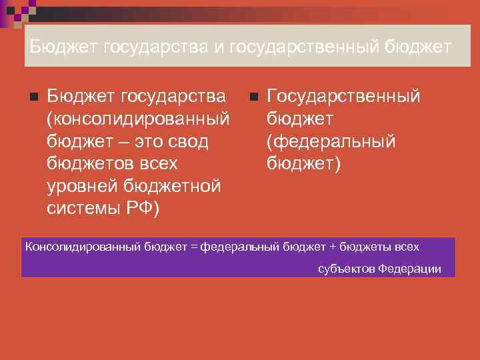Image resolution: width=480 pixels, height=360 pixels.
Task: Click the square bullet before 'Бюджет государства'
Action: [x=33, y=98]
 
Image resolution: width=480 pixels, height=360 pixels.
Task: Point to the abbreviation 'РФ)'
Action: [x=144, y=207]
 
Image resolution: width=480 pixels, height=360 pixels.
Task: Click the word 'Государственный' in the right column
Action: [x=343, y=97]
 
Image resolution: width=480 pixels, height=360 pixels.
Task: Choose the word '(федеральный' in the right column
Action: [x=331, y=141]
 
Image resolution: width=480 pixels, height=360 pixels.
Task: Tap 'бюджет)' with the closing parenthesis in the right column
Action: [x=304, y=163]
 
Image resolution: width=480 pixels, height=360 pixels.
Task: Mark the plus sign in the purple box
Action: [x=333, y=247]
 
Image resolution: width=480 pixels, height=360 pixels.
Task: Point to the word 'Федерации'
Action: [x=409, y=269]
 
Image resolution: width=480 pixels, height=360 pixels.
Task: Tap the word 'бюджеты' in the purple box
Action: [x=366, y=247]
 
